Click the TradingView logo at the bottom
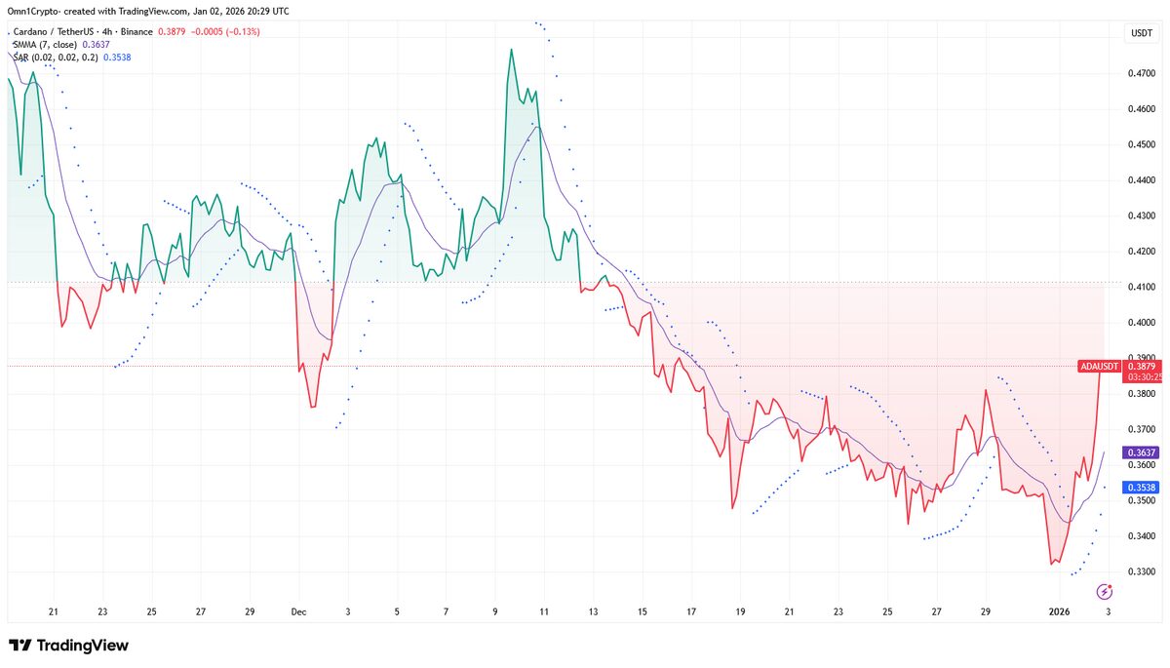pos(68,646)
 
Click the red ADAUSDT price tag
pos(1100,367)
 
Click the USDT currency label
pos(1141,32)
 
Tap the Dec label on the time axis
pos(298,612)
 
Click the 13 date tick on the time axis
pos(593,612)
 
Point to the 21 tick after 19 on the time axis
pos(789,612)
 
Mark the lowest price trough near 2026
pos(1052,564)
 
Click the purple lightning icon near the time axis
pos(1105,591)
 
